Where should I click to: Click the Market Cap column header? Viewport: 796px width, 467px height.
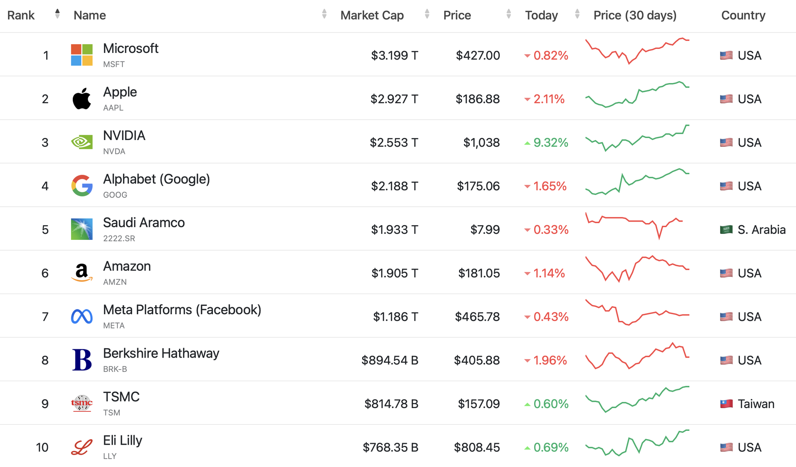(372, 15)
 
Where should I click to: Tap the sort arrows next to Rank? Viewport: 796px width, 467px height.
(58, 14)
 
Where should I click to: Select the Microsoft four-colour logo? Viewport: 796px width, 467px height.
(82, 55)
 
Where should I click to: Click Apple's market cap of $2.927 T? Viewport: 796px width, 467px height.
(394, 99)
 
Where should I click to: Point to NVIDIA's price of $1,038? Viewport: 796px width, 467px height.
(482, 142)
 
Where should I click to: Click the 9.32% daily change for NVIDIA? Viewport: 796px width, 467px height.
(551, 142)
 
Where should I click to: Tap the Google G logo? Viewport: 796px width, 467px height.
(82, 185)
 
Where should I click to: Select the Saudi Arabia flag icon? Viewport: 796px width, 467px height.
(726, 230)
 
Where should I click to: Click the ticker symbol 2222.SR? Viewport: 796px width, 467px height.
(119, 238)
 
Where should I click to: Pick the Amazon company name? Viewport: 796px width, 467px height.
(127, 266)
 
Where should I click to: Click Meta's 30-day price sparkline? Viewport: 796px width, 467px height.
(637, 312)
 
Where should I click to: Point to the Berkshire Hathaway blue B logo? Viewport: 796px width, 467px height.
(82, 360)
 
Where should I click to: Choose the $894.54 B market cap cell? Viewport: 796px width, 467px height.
(390, 360)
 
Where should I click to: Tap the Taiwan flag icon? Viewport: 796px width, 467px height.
(726, 404)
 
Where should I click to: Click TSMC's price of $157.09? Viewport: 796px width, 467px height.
(479, 404)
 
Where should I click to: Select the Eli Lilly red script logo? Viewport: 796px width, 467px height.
(82, 447)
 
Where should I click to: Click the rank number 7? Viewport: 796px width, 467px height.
(45, 317)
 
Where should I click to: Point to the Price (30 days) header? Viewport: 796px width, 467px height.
(635, 15)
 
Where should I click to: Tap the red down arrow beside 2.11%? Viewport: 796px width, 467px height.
(527, 99)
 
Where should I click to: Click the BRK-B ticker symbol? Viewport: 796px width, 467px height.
(115, 369)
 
